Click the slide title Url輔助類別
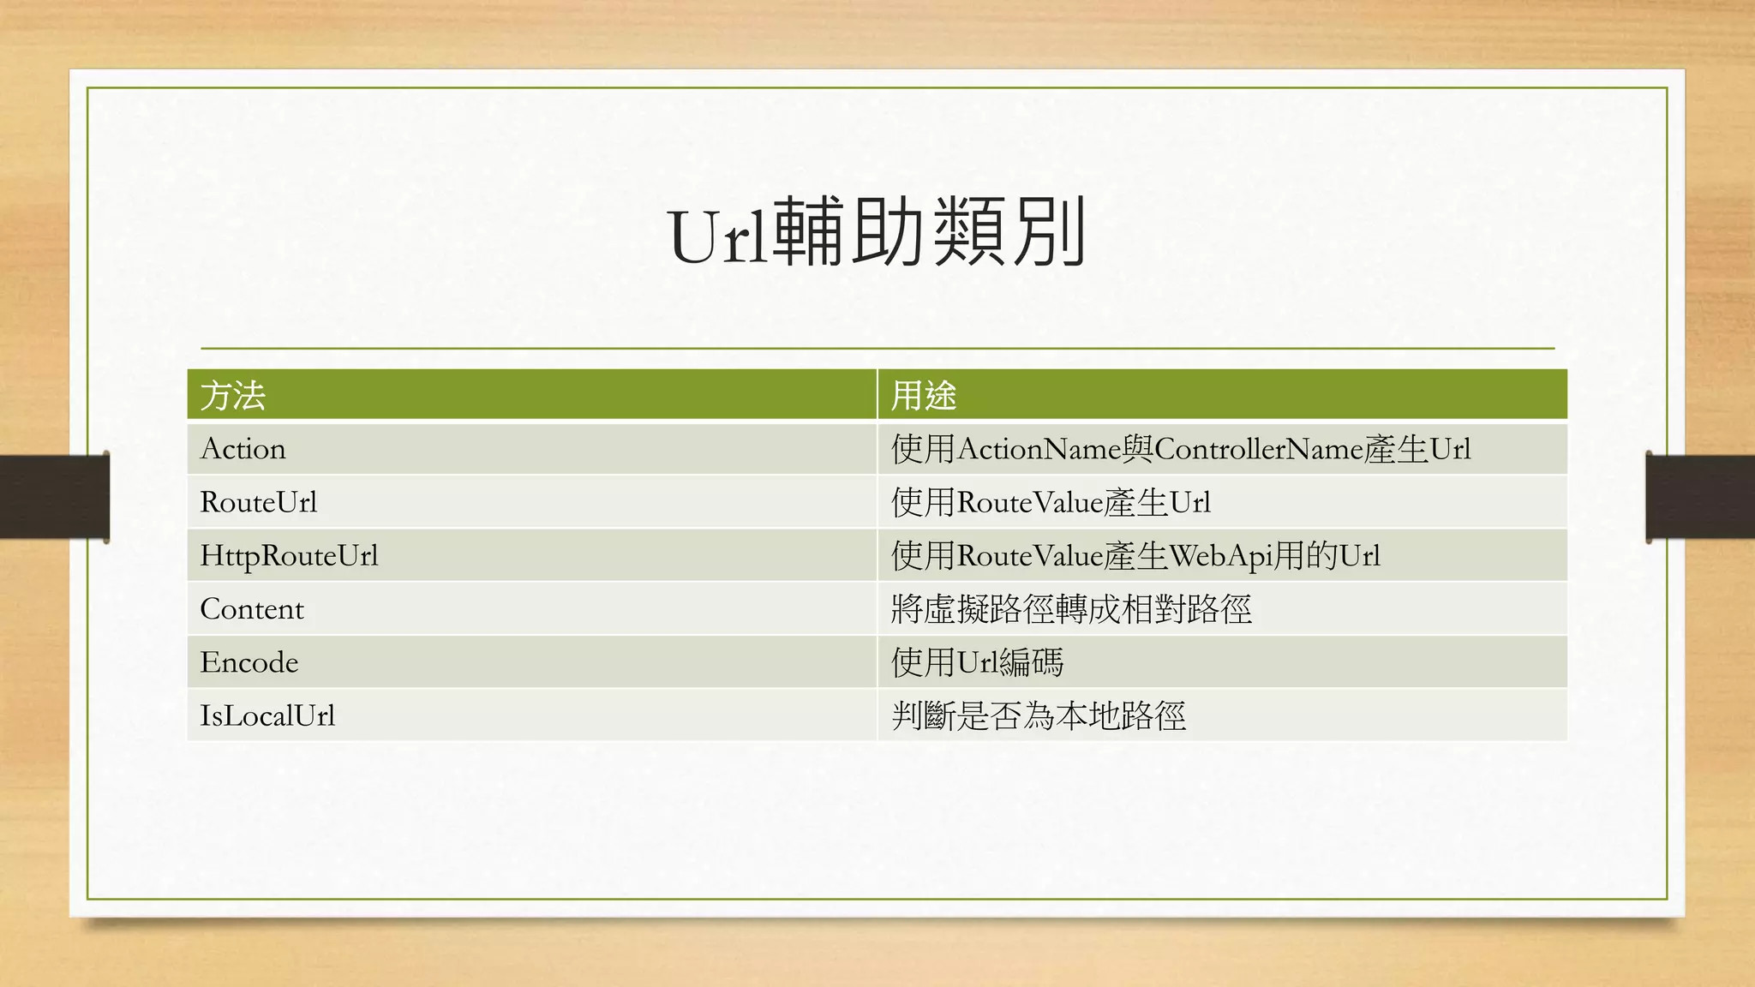[x=877, y=233]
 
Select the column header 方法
[x=233, y=396]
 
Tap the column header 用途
[x=924, y=396]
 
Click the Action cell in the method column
[x=243, y=449]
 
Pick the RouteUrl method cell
[x=259, y=502]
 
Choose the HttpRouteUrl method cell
[x=289, y=556]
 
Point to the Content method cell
[x=252, y=609]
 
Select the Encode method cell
[x=249, y=662]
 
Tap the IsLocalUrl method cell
[x=267, y=715]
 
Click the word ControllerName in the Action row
[x=1258, y=449]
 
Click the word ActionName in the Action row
[x=1039, y=449]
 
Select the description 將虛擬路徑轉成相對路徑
[x=1071, y=609]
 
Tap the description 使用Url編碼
[x=977, y=662]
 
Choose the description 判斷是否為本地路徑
[x=1039, y=715]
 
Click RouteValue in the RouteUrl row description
[x=1029, y=502]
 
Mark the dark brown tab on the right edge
[x=1700, y=497]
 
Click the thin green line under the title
[x=877, y=349]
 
